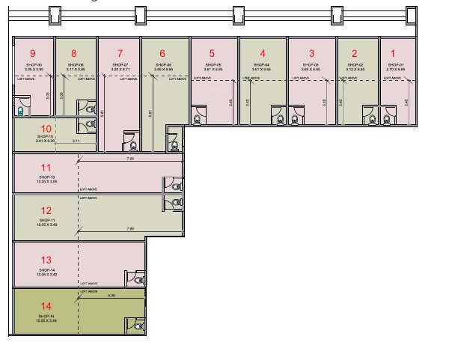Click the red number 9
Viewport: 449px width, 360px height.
pos(32,53)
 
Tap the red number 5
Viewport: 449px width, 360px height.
pos(212,53)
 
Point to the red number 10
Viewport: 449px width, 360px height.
pos(45,128)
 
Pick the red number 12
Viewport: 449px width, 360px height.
pos(46,210)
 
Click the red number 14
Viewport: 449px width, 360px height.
pos(46,306)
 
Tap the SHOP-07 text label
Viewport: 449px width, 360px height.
pos(119,66)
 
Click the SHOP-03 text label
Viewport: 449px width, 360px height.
pos(311,66)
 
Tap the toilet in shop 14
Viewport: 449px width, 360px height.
pos(138,323)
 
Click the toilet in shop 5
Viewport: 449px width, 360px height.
pos(199,116)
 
